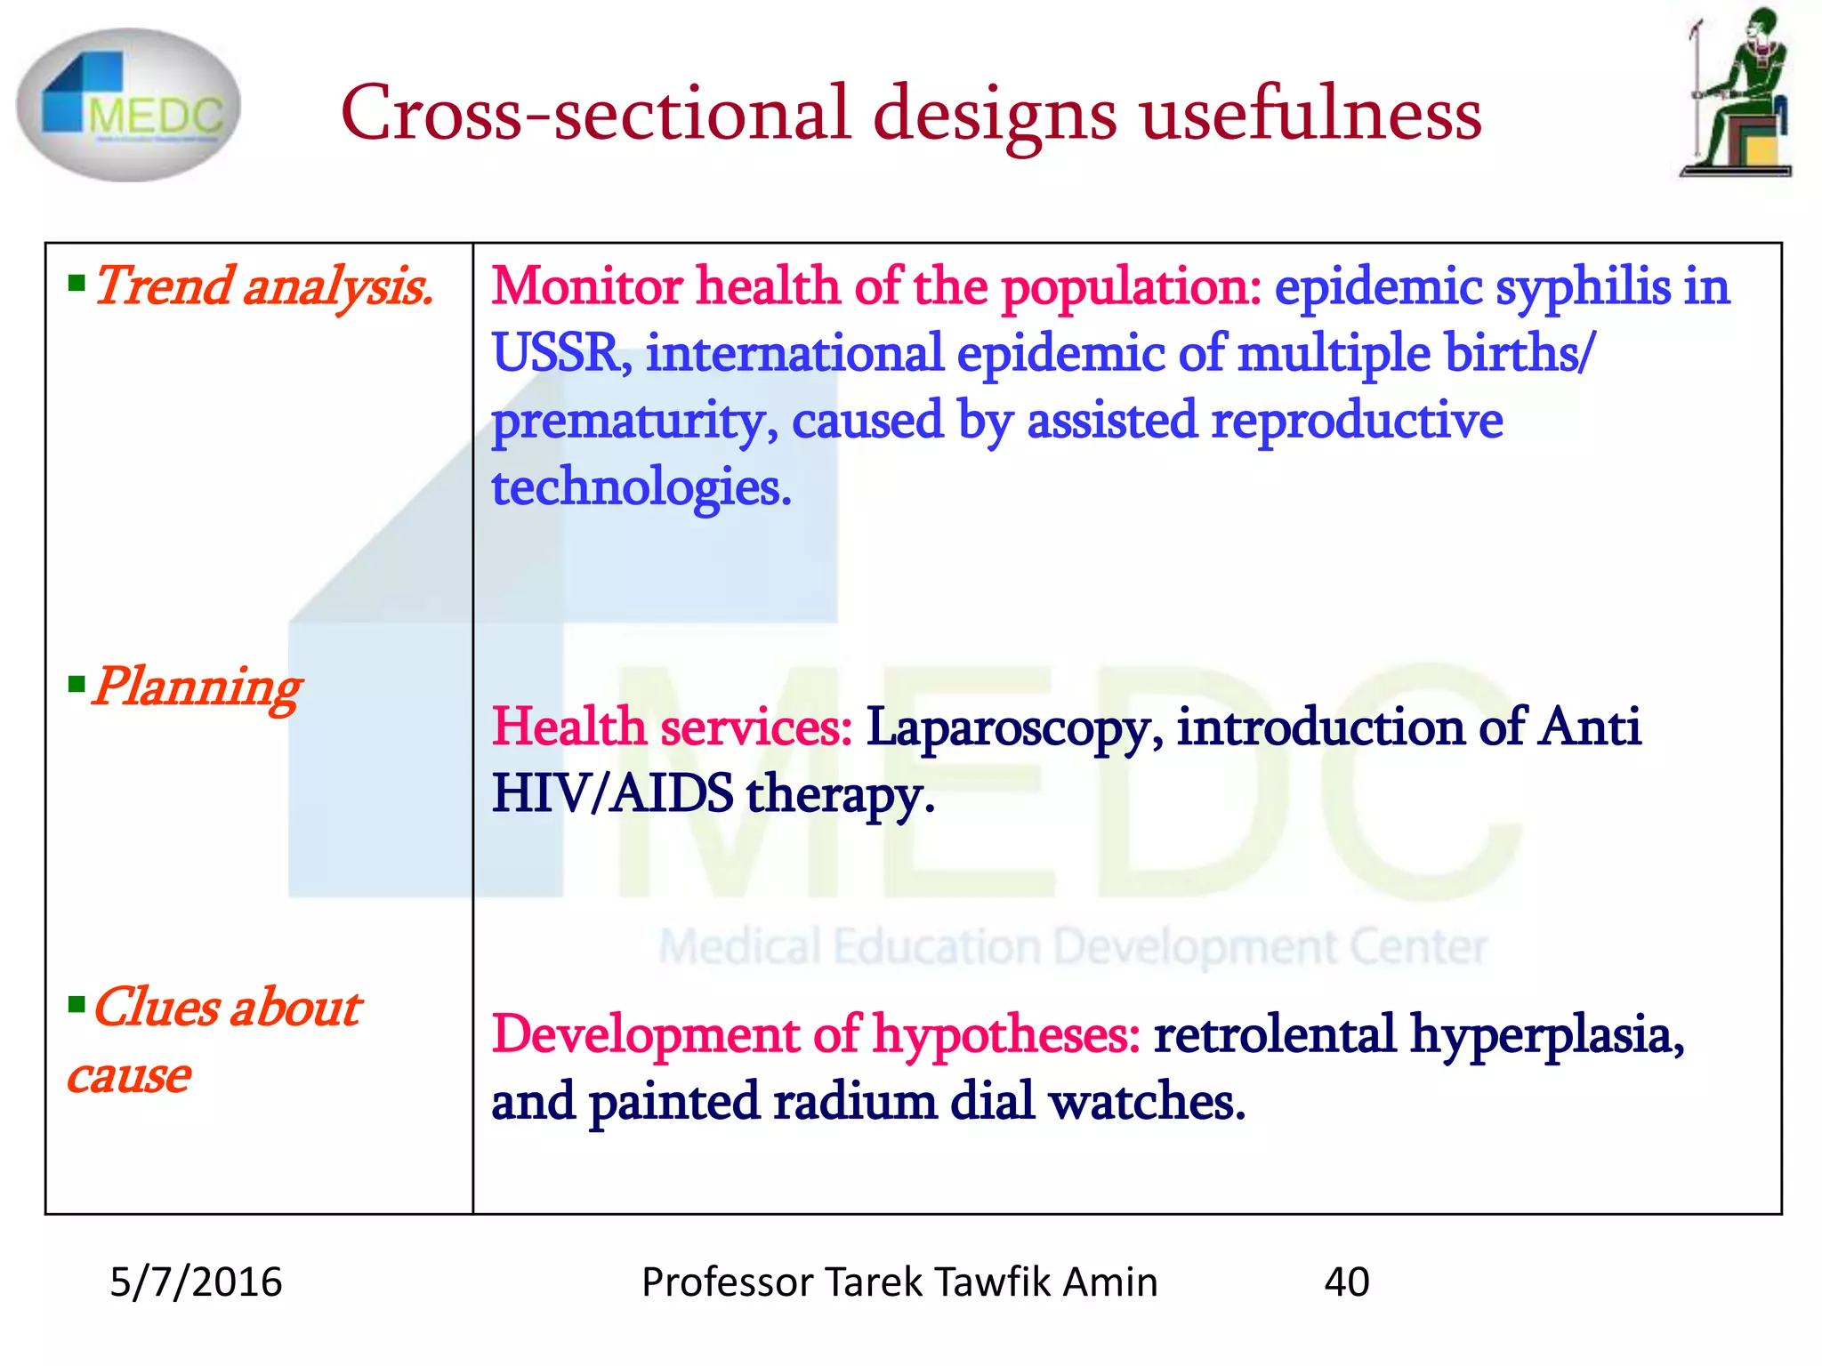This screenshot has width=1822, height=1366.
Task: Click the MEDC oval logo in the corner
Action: [x=128, y=105]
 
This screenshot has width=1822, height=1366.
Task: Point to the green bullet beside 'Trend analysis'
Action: [x=77, y=285]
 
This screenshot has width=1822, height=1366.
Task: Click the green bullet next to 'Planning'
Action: [x=77, y=685]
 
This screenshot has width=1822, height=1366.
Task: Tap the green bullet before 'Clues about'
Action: [x=77, y=1006]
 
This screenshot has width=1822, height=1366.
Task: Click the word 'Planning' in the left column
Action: [x=198, y=687]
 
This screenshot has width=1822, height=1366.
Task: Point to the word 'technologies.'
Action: [x=641, y=487]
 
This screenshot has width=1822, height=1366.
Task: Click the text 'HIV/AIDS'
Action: [x=613, y=793]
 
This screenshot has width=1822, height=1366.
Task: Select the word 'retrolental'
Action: [x=1274, y=1034]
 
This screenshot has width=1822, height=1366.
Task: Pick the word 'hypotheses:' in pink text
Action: [x=1006, y=1036]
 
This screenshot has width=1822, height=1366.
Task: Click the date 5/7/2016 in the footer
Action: [x=196, y=1282]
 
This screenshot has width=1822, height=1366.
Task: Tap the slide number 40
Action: [x=1347, y=1282]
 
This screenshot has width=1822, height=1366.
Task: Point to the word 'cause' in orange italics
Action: [x=130, y=1076]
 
